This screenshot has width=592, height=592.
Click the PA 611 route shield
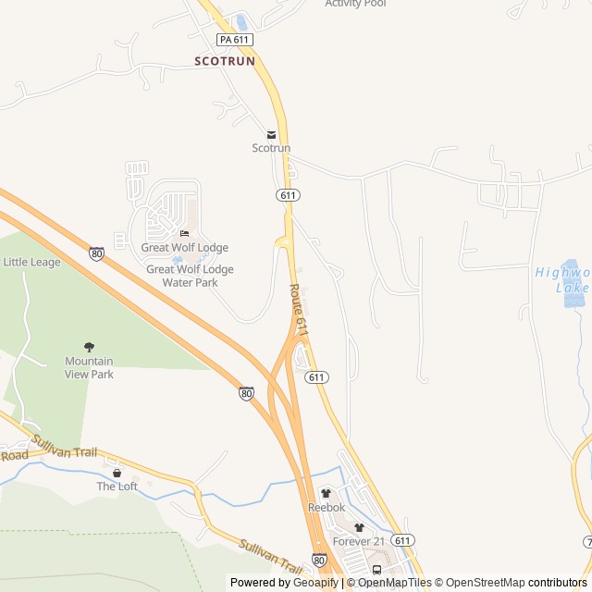pyautogui.click(x=235, y=40)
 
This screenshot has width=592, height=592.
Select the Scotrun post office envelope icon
pyautogui.click(x=271, y=135)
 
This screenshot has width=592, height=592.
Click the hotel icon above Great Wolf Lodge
pyautogui.click(x=184, y=233)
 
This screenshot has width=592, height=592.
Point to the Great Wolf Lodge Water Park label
pyautogui.click(x=190, y=276)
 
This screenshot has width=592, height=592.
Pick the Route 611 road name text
pyautogui.click(x=298, y=310)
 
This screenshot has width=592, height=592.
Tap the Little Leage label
pyautogui.click(x=32, y=263)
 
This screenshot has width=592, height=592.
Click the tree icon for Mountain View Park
pyautogui.click(x=89, y=347)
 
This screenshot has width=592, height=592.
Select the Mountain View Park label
pyautogui.click(x=89, y=367)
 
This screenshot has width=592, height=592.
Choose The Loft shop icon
pyautogui.click(x=117, y=473)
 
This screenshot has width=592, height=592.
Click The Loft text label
pyautogui.click(x=117, y=487)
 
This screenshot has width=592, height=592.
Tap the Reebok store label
pyautogui.click(x=326, y=508)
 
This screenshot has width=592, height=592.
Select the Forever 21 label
pyautogui.click(x=358, y=541)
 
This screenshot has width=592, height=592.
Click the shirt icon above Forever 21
pyautogui.click(x=359, y=527)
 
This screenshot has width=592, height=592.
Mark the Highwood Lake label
pyautogui.click(x=564, y=279)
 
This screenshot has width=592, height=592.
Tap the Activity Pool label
pyautogui.click(x=355, y=4)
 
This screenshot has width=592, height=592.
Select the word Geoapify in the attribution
pyautogui.click(x=316, y=583)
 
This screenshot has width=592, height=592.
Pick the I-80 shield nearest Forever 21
pyautogui.click(x=319, y=561)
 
